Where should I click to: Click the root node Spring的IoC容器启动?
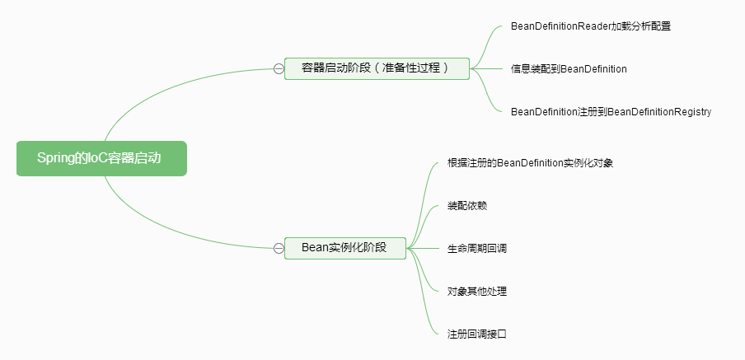[x=101, y=158]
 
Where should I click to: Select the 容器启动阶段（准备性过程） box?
[x=376, y=68]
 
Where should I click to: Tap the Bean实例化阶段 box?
[x=345, y=248]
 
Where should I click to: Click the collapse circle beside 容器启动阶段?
[x=278, y=68]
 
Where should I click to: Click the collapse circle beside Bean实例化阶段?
[x=278, y=248]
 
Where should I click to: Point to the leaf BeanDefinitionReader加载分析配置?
[x=590, y=26]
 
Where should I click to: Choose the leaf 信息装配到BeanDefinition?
[x=569, y=69]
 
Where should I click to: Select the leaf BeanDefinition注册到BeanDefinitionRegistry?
[x=611, y=111]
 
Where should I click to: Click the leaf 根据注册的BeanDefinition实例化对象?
[x=529, y=163]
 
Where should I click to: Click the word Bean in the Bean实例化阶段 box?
[x=315, y=248]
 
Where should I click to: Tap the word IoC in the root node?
[x=96, y=158]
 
